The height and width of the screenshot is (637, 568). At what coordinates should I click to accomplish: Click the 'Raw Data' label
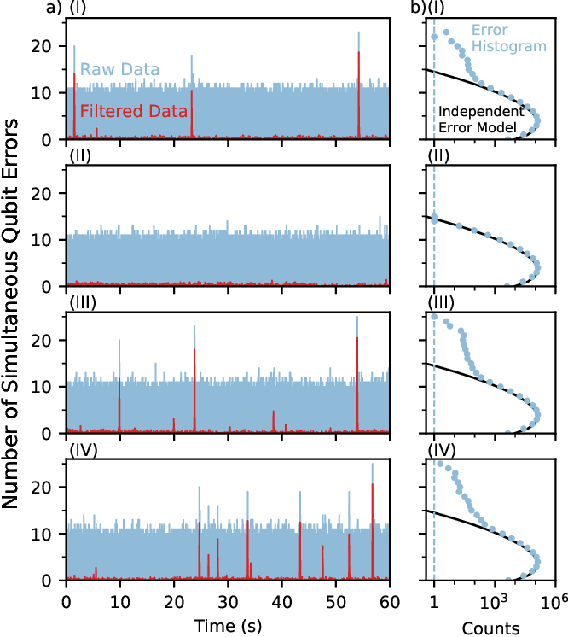click(120, 69)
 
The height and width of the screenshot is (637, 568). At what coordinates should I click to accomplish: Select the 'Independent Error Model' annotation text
click(481, 120)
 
